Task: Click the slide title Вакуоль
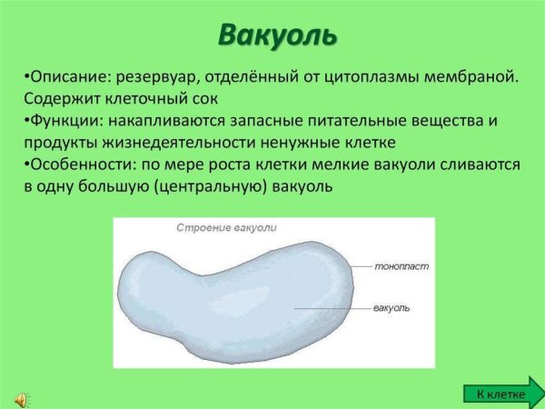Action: (x=277, y=35)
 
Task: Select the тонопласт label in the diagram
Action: (x=401, y=268)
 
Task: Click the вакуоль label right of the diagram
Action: (x=391, y=309)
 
